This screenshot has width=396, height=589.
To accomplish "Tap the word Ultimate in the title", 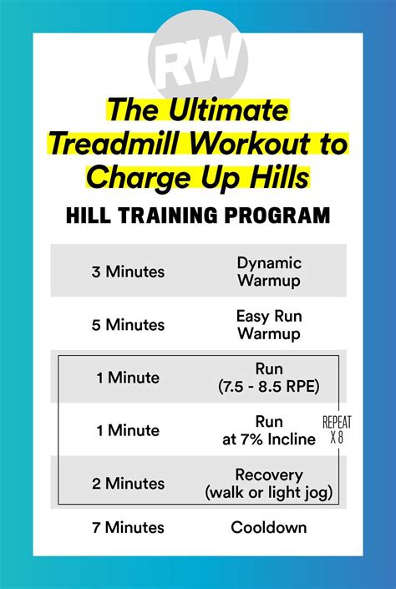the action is (228, 109).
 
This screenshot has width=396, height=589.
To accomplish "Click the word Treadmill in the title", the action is (113, 144).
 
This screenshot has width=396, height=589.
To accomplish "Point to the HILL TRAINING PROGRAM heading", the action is (198, 216).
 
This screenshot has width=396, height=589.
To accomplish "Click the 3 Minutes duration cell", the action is (128, 272).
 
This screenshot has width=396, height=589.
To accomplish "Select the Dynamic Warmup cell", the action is (269, 272).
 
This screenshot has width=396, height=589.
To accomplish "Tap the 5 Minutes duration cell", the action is (128, 324).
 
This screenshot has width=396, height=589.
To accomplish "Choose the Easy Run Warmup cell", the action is (269, 324).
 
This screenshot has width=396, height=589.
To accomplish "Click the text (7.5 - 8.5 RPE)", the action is (269, 386).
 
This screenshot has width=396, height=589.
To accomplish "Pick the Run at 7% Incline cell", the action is (269, 430).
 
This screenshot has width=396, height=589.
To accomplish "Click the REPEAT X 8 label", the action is (337, 429).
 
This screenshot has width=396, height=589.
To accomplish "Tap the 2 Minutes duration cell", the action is (128, 484).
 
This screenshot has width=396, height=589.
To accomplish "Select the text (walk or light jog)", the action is (269, 492).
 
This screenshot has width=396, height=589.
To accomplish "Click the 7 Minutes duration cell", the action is (128, 527).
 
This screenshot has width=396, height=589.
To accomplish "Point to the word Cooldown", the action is (269, 527).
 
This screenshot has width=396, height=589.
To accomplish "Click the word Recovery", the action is (269, 475).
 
